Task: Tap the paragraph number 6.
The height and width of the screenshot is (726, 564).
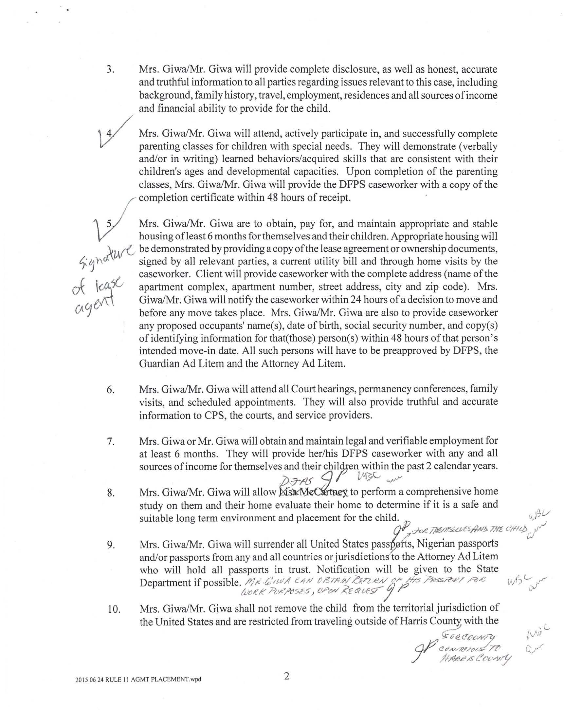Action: click(110, 390)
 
